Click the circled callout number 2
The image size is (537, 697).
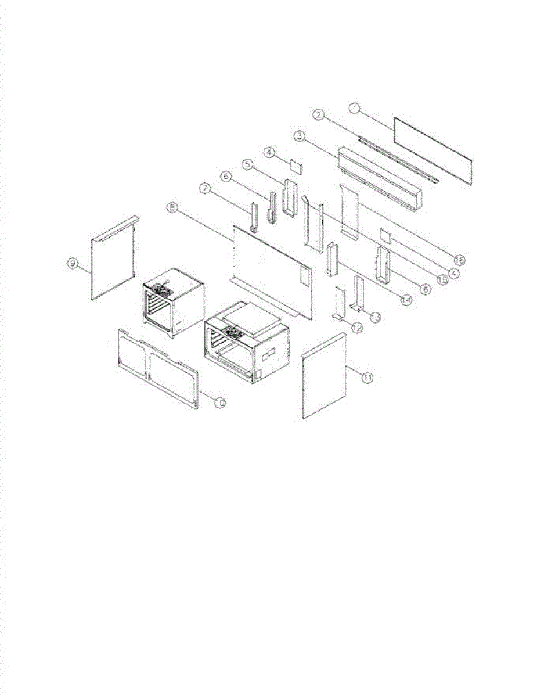pyautogui.click(x=318, y=114)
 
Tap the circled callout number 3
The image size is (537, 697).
pyautogui.click(x=300, y=136)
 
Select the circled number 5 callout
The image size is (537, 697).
pyautogui.click(x=247, y=164)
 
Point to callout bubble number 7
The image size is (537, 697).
pyautogui.click(x=205, y=188)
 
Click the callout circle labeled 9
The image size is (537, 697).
pyautogui.click(x=73, y=264)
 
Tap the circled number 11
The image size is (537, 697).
pyautogui.click(x=367, y=378)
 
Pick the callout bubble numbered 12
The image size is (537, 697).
pyautogui.click(x=356, y=328)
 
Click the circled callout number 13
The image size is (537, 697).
pyautogui.click(x=376, y=317)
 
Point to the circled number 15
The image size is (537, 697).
pyautogui.click(x=442, y=279)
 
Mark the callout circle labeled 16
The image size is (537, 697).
pyautogui.click(x=460, y=259)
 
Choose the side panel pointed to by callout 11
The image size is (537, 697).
pyautogui.click(x=325, y=376)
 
